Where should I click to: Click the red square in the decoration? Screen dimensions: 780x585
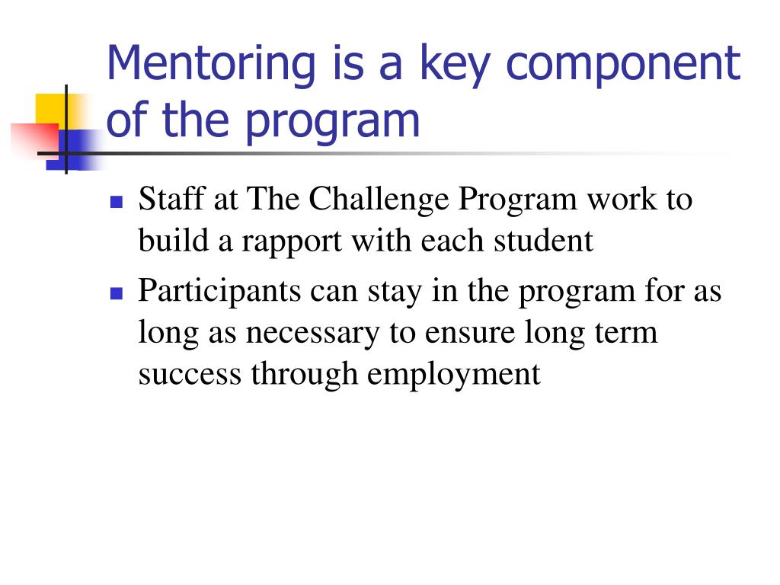(x=34, y=140)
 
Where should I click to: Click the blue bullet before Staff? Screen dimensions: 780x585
(x=117, y=201)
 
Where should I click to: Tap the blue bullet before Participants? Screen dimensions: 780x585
(x=117, y=293)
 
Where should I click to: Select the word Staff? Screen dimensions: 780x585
(x=171, y=199)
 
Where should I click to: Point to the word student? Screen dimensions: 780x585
(x=543, y=241)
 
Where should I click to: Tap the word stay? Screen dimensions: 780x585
(x=395, y=293)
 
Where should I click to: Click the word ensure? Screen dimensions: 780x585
(x=469, y=334)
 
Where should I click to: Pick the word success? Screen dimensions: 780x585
(x=190, y=375)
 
